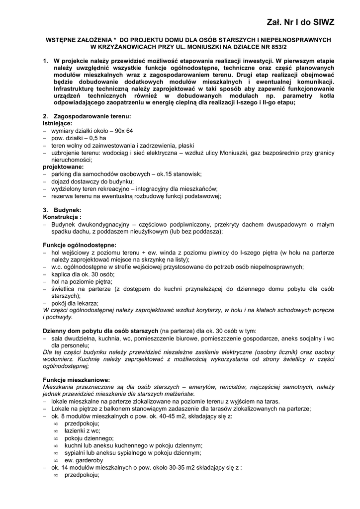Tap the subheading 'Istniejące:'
(x=58, y=123)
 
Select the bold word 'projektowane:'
(x=63, y=168)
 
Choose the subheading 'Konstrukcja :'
(x=63, y=217)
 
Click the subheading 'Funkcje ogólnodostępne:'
(x=80, y=245)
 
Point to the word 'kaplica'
(x=61, y=274)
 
